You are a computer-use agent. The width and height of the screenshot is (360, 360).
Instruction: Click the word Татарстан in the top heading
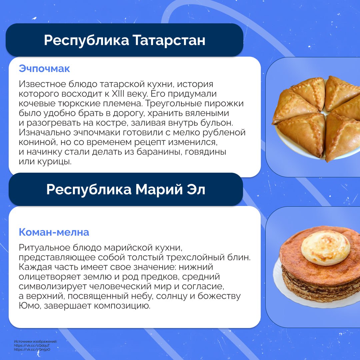pyautogui.click(x=169, y=40)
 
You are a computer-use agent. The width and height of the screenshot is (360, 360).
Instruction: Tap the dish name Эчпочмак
pyautogui.click(x=44, y=69)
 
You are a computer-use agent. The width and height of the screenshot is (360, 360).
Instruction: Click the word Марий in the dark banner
pyautogui.click(x=159, y=189)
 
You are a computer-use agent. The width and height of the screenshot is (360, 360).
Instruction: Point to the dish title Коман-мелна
pyautogui.click(x=54, y=232)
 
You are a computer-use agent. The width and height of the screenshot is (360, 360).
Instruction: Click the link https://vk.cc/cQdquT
pyautogui.click(x=32, y=346)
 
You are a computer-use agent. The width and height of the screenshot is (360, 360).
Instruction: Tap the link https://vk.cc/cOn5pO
pyautogui.click(x=32, y=350)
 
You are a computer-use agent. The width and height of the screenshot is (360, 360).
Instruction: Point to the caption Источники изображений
pyautogui.click(x=35, y=342)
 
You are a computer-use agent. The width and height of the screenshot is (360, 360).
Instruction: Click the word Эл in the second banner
pyautogui.click(x=196, y=189)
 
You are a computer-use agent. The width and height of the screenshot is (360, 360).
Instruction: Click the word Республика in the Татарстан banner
pyautogui.click(x=87, y=40)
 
